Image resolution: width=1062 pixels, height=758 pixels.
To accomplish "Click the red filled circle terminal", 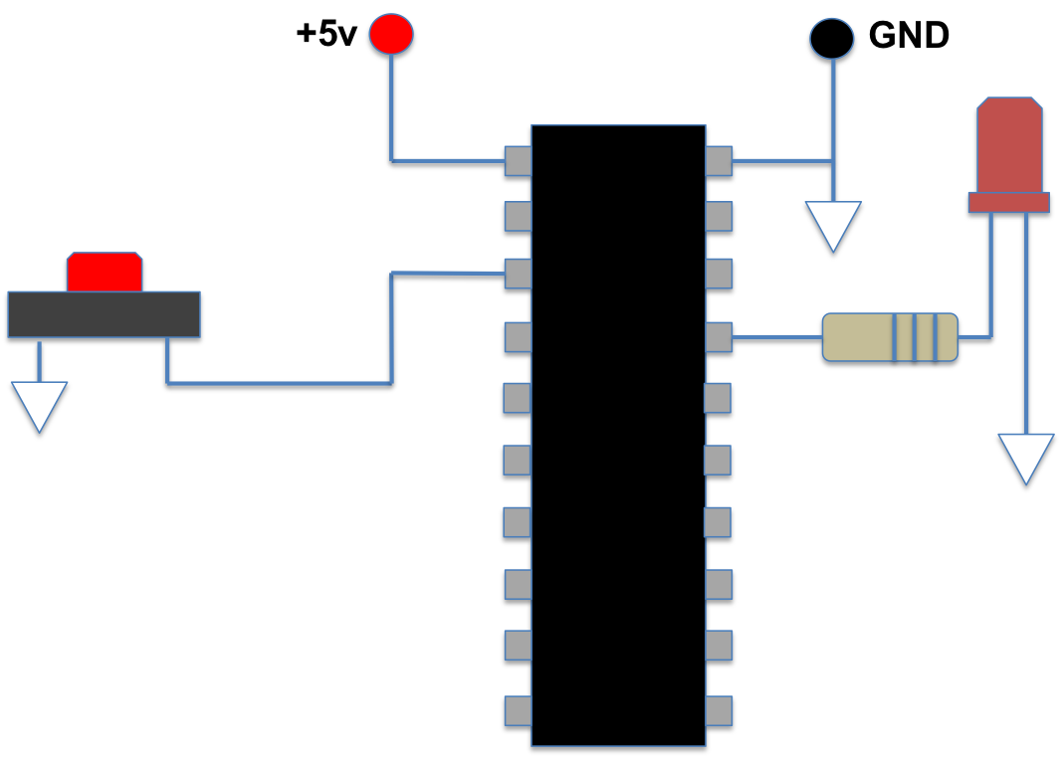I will [391, 34].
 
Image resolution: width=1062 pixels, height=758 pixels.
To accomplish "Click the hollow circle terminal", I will [832, 39].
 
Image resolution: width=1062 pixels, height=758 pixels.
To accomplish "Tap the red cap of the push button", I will [105, 272].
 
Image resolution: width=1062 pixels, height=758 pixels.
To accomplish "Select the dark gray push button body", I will [104, 314].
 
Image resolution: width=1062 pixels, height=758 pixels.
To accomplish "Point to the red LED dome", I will [1009, 145].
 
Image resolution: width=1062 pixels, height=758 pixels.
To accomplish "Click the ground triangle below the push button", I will [39, 403].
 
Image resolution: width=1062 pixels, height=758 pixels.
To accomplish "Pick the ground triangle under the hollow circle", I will [833, 223].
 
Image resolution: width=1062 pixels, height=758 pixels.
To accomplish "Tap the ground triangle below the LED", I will [1026, 455].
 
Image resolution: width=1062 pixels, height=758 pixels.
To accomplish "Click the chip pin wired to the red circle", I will [518, 161].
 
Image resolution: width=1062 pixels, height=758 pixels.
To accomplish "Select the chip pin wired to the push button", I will [518, 274].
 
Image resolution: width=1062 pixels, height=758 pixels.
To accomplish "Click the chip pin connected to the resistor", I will [719, 337].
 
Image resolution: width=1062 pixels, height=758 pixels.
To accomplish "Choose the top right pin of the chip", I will [719, 161].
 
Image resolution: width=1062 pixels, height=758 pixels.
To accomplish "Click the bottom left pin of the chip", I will [518, 710].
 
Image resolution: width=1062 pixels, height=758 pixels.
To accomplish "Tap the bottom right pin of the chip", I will [719, 710].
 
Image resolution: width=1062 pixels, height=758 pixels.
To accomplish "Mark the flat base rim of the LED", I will [1009, 202].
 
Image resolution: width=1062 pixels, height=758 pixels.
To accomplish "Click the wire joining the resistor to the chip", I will [777, 337].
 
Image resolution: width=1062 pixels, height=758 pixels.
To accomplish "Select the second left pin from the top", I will [518, 216].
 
